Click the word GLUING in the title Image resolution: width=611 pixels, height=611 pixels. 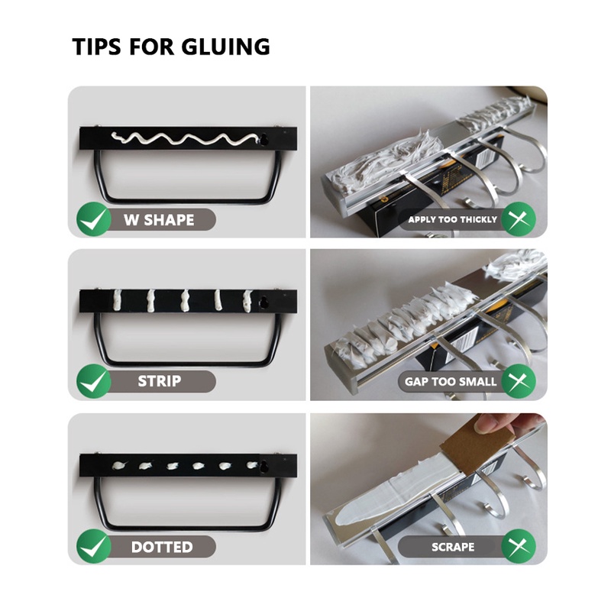point(225,47)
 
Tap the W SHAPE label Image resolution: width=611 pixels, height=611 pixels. point(159,220)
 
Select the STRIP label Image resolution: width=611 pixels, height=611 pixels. point(160,381)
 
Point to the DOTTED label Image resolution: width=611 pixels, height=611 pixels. point(162,547)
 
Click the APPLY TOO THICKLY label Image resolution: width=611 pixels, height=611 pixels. point(452,220)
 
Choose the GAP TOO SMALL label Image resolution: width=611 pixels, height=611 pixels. point(451,381)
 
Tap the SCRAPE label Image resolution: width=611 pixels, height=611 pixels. point(453,547)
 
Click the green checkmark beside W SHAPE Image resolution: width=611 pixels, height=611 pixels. point(93,219)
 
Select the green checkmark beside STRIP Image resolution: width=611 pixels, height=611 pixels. point(93,381)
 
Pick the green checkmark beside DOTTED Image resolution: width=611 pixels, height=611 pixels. point(93,546)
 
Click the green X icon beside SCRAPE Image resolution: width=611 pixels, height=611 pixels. point(519,546)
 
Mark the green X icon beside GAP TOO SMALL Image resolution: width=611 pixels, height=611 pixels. point(519,381)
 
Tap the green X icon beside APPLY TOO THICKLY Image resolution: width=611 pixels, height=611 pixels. point(519,219)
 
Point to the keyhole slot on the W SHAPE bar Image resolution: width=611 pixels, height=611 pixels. point(264,140)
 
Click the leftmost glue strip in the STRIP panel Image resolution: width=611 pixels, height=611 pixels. point(117,300)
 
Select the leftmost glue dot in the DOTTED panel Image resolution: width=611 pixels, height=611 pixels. point(119,465)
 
